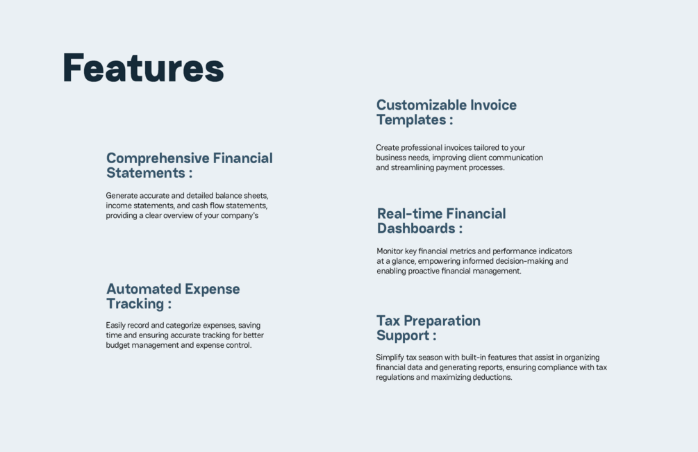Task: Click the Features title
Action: click(x=143, y=68)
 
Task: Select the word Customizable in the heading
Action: click(x=422, y=105)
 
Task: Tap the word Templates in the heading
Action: click(x=411, y=120)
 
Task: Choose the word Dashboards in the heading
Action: click(x=416, y=228)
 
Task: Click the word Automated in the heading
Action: click(x=143, y=289)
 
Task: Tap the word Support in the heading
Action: click(x=402, y=335)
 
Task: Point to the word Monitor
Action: click(x=390, y=251)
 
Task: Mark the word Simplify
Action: click(x=390, y=358)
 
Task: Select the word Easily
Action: click(x=116, y=326)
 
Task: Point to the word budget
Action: click(x=117, y=345)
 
